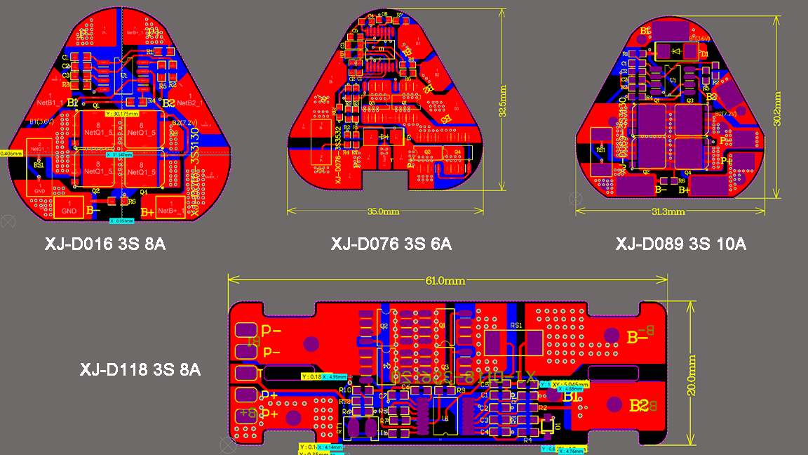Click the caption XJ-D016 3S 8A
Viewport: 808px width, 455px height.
point(105,244)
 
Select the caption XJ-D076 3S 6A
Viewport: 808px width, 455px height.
point(391,244)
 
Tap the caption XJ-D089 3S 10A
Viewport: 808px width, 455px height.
point(680,244)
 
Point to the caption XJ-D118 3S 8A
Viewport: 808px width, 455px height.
point(140,369)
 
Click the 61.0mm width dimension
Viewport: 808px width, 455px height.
point(445,281)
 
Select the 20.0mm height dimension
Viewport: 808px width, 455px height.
point(692,376)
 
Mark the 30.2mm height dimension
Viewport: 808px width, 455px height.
point(776,108)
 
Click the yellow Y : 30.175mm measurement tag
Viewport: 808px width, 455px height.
point(121,113)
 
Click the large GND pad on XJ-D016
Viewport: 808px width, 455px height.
point(69,209)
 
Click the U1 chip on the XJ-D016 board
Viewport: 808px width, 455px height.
point(124,76)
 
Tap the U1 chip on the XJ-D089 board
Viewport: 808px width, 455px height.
point(673,81)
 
